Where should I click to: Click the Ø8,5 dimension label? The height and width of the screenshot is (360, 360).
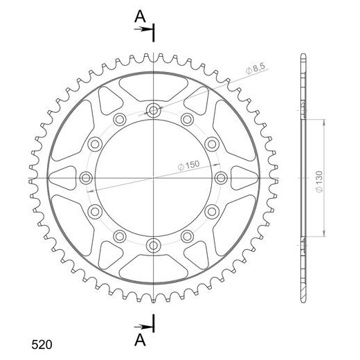255,69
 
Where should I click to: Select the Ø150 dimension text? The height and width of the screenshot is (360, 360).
188,165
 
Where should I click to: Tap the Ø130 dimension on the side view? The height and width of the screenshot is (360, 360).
319,181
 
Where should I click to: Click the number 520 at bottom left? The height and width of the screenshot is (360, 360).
42,345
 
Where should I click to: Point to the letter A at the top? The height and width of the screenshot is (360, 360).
140,17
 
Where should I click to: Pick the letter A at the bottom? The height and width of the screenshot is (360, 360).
140,340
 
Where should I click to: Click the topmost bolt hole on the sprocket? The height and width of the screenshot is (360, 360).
154,111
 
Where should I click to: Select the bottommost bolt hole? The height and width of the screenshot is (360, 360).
154,246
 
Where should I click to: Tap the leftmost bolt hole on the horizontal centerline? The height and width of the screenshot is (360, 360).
86,178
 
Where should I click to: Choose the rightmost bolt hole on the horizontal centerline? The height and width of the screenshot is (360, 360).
221,178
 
